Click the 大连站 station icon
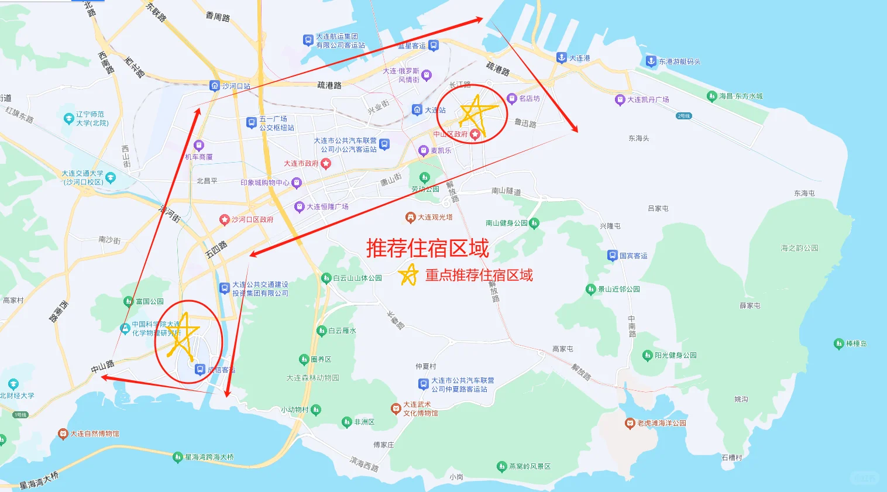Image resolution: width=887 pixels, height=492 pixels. click(417, 110)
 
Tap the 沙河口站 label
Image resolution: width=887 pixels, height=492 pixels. click(236, 86)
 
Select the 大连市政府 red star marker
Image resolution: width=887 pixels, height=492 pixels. click(326, 164)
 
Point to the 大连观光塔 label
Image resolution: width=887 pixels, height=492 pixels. click(435, 218)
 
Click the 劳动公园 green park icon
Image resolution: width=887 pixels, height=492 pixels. click(424, 178)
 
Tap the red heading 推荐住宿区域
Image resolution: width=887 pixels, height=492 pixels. click(427, 249)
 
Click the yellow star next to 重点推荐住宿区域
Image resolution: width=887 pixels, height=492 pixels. click(408, 274)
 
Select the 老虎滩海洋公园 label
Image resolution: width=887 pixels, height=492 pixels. click(661, 423)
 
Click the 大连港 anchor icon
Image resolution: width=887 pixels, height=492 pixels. click(561, 57)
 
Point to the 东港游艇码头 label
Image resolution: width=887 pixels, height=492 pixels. click(679, 61)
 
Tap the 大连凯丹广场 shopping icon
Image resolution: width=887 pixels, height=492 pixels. click(620, 100)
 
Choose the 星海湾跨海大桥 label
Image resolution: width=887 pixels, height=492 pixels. click(209, 457)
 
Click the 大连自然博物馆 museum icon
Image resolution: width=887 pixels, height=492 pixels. click(63, 433)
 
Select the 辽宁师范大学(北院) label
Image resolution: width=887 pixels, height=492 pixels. click(92, 119)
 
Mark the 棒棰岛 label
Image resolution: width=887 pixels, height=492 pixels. click(856, 343)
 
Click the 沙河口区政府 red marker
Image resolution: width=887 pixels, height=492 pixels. click(224, 220)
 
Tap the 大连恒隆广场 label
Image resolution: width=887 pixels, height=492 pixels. click(327, 207)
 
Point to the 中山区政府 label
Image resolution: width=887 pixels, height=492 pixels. click(450, 135)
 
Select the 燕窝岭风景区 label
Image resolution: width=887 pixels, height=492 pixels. click(530, 466)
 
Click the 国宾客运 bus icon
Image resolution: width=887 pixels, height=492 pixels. click(612, 256)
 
